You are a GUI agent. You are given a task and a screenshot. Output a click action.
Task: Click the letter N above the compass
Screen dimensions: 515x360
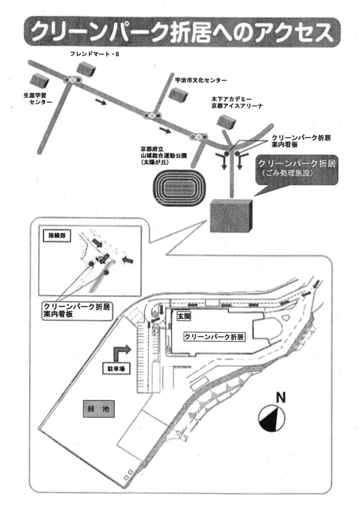[x=280, y=397]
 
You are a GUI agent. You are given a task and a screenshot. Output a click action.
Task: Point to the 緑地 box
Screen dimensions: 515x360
[x=98, y=409]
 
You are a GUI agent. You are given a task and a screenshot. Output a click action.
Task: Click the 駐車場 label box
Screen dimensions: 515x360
[x=115, y=368]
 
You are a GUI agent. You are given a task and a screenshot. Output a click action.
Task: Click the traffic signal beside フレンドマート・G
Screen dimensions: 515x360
[x=74, y=80]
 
